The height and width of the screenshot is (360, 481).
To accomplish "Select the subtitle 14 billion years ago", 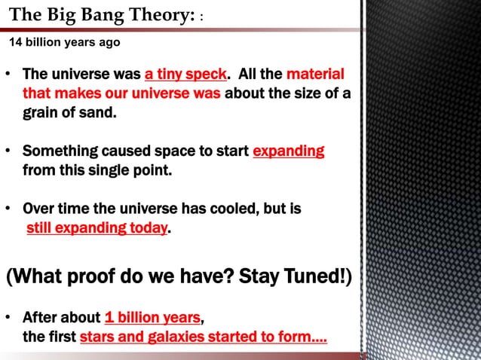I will pyautogui.click(x=64, y=42).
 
